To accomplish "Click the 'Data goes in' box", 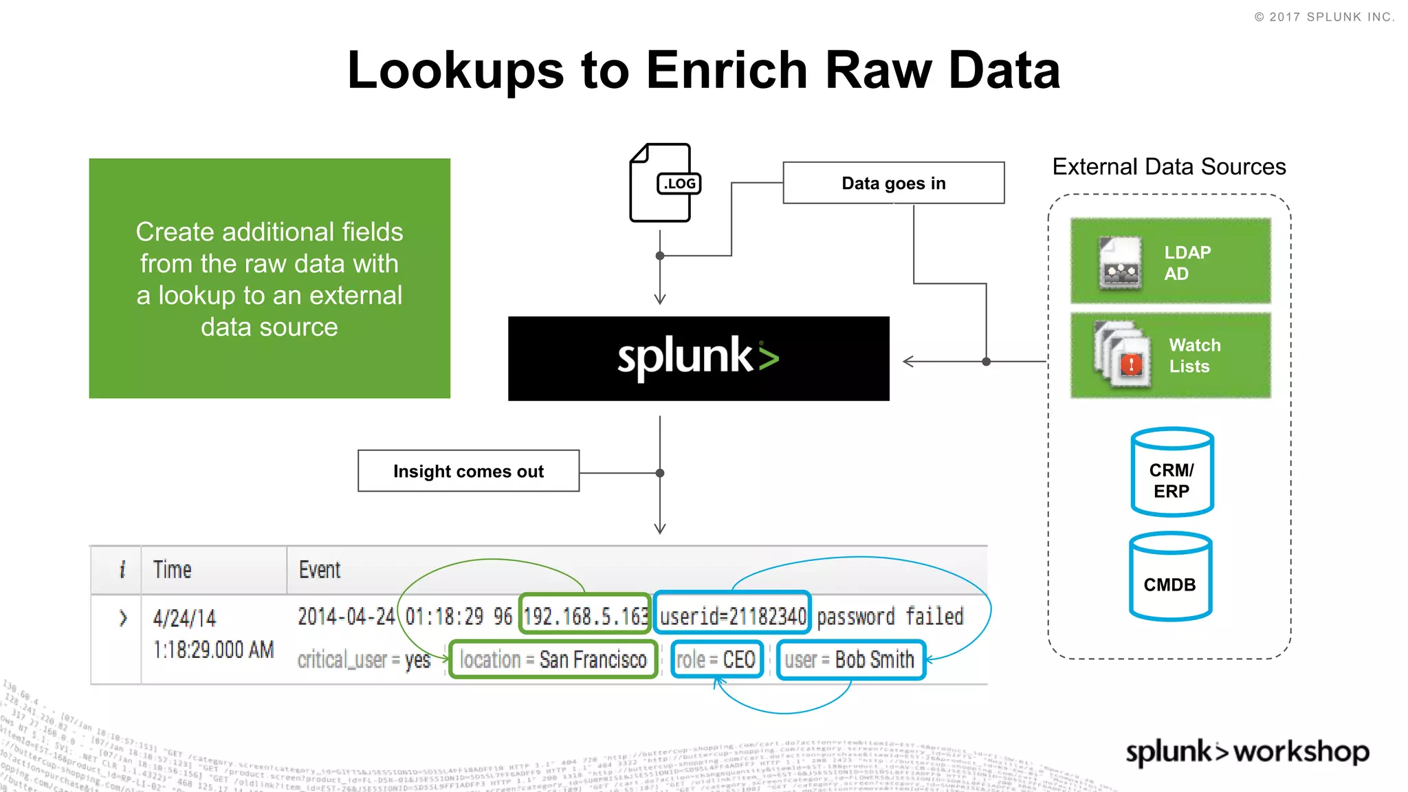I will (893, 183).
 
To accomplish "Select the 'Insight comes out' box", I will (468, 471).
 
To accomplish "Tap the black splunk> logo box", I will (698, 358).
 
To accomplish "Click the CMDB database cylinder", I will (1170, 577).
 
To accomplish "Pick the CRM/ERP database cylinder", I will (1171, 472).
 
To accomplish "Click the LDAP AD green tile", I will (1170, 261).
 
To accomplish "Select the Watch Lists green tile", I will (1170, 355).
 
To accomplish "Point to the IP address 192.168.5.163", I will (585, 615).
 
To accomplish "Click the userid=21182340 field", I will (732, 615).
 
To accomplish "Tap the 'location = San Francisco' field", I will (553, 660).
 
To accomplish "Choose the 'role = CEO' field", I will (716, 660).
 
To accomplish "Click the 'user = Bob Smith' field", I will (850, 660).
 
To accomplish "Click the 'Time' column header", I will (172, 570).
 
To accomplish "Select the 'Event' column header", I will (320, 570).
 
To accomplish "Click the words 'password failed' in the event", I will (890, 616).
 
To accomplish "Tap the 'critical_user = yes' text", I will (364, 660).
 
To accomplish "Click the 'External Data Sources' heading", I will (1169, 167).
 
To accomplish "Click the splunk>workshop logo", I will (1247, 751).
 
